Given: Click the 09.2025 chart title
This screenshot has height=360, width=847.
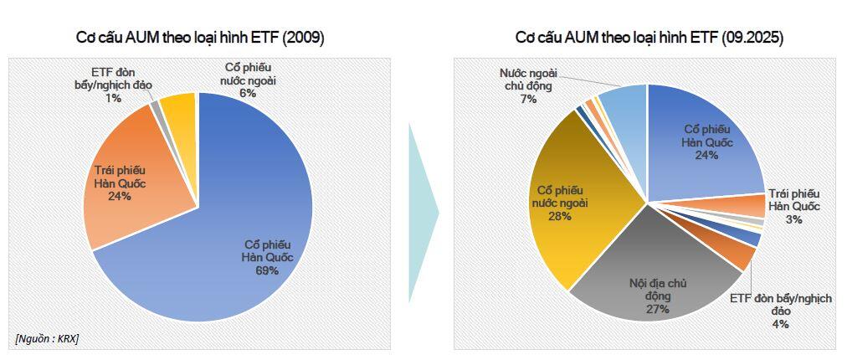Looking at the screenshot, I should (x=649, y=38).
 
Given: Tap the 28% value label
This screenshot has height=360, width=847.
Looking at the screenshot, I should (x=560, y=216).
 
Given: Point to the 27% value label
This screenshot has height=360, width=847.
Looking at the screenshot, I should (x=657, y=309).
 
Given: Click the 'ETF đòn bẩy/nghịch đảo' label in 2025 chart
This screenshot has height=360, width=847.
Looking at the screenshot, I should (x=780, y=305).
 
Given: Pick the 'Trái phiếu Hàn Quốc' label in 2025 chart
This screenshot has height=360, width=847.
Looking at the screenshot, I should (x=793, y=200).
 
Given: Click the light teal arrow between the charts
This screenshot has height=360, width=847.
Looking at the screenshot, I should (x=423, y=213).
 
